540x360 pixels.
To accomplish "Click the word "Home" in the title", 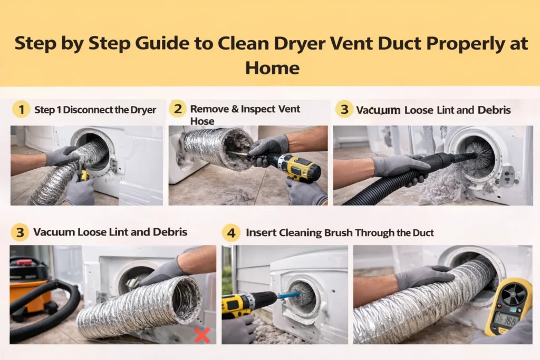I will (x=272, y=67).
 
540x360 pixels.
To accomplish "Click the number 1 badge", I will (x=21, y=110).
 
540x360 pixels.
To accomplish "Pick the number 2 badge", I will (x=178, y=110).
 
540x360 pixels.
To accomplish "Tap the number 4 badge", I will (x=230, y=232).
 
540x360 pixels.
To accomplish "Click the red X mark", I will (x=202, y=335).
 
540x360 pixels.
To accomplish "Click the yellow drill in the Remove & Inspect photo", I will (x=295, y=167).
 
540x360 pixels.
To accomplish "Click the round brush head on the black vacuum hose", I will (x=477, y=153).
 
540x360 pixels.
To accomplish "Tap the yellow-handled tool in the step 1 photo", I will (x=83, y=176).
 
